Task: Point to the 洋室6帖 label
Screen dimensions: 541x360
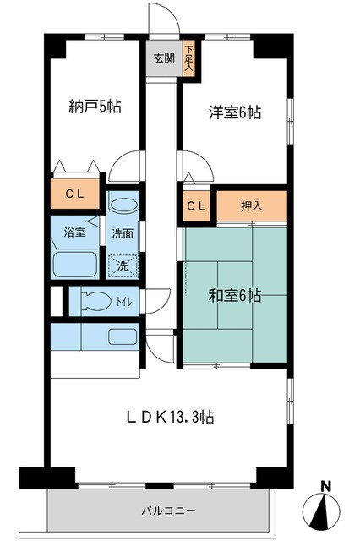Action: (234, 111)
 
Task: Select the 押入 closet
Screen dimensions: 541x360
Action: (252, 205)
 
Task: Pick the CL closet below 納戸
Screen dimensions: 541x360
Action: (75, 194)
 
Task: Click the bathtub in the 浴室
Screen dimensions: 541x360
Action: (76, 263)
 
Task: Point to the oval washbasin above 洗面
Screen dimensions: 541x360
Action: (123, 205)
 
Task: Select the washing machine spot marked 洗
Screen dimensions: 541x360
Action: (123, 265)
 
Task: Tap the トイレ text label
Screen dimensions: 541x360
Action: (124, 299)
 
